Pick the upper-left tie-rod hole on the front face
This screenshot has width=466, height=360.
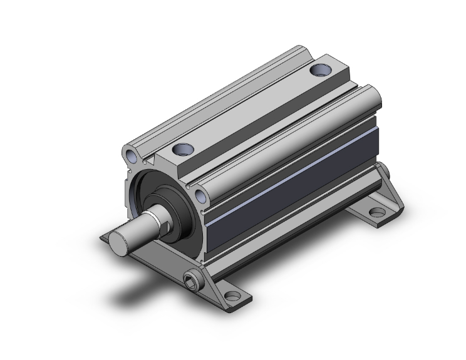point(129,154)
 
